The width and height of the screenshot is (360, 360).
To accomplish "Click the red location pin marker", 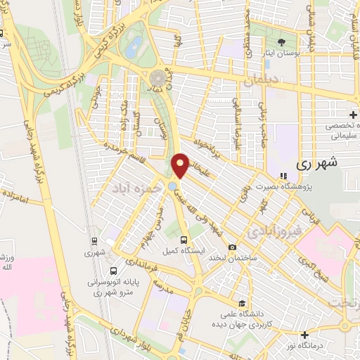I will point(181,165).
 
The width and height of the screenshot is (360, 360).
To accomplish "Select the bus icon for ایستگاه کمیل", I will point(184,239).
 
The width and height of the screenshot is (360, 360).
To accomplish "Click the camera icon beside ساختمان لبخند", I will point(232,247).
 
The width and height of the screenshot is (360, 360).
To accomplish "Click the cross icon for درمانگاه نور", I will point(304,334).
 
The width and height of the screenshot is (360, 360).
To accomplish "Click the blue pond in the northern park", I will point(131,48).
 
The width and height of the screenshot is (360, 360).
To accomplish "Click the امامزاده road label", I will point(32,200).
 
